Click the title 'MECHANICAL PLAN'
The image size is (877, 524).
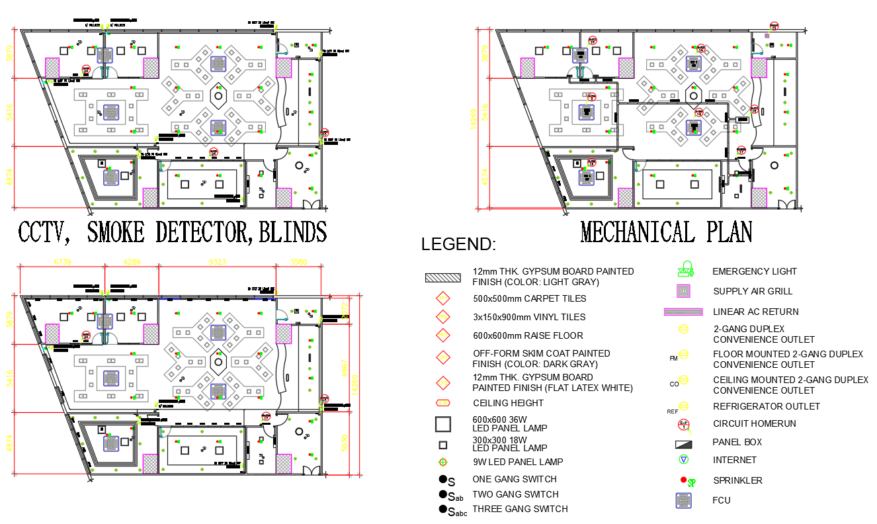click(666, 232)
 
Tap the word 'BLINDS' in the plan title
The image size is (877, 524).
click(292, 232)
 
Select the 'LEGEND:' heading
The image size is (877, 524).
click(458, 245)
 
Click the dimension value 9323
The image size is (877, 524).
click(217, 262)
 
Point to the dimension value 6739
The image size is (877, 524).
click(62, 262)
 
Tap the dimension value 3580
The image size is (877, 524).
click(298, 262)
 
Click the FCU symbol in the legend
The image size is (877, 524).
click(684, 501)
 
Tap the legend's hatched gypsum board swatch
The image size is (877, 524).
click(442, 278)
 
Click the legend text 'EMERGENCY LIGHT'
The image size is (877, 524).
click(754, 271)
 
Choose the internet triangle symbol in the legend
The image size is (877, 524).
click(684, 460)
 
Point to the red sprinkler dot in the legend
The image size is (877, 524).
click(683, 480)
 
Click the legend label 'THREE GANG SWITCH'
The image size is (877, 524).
click(520, 509)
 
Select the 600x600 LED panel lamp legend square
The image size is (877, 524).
click(442, 424)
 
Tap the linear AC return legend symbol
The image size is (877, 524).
click(683, 312)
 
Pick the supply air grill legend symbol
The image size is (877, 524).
click(684, 290)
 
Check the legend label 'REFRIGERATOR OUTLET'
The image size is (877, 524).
click(766, 406)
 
